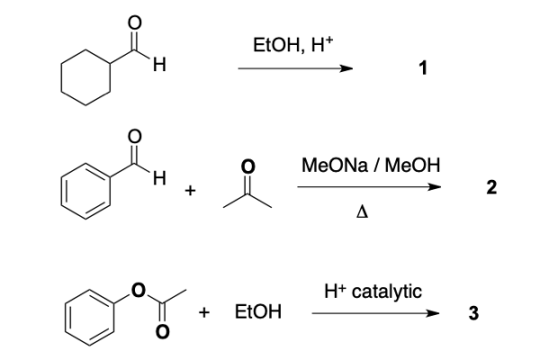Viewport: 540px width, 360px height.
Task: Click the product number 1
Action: tap(423, 67)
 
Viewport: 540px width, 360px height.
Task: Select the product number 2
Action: tap(491, 188)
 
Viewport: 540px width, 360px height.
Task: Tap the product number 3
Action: tap(473, 313)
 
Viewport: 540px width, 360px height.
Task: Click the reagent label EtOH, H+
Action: tap(293, 45)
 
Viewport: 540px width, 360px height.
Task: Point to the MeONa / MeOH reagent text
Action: tap(371, 165)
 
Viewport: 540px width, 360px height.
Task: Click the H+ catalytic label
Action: tap(373, 292)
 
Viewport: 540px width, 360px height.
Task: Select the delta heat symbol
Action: tap(362, 212)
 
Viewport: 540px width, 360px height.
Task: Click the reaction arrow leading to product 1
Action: tap(295, 68)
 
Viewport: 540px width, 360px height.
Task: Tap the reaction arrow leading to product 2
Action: tap(369, 187)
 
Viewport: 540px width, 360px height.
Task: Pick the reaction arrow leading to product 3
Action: tap(375, 313)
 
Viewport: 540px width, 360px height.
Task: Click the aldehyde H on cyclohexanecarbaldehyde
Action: tap(159, 65)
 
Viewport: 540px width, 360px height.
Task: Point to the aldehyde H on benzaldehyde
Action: tap(159, 178)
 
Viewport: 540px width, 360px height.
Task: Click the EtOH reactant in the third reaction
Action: tap(258, 311)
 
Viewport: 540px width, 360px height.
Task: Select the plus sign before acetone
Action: tap(190, 190)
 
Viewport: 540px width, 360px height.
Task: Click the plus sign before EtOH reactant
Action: tap(204, 312)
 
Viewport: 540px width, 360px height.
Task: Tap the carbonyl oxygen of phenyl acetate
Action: tap(162, 331)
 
